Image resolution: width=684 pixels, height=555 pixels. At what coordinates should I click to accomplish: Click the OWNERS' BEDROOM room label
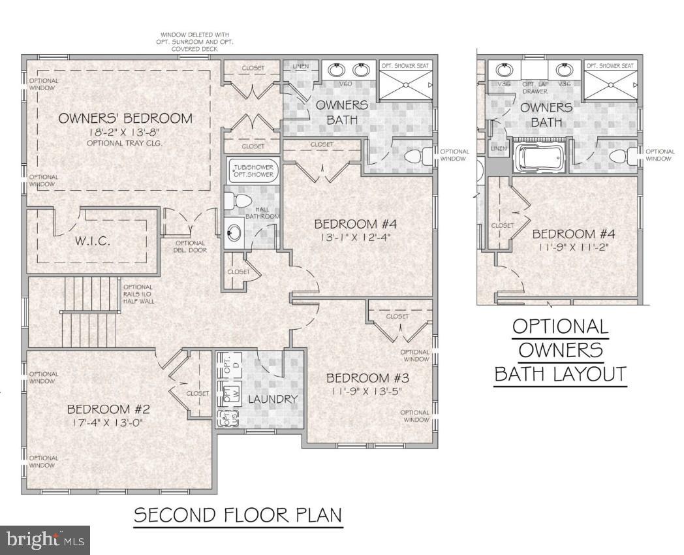click(x=125, y=118)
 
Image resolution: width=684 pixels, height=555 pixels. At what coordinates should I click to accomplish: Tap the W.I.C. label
click(x=91, y=240)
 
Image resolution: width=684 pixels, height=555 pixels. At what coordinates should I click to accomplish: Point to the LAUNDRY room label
click(x=273, y=399)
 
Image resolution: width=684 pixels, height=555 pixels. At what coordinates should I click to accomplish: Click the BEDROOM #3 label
click(x=367, y=378)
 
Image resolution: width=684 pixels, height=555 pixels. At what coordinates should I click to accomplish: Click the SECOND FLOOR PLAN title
click(x=238, y=515)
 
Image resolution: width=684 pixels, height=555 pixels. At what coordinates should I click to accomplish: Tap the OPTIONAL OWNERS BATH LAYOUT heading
click(x=560, y=350)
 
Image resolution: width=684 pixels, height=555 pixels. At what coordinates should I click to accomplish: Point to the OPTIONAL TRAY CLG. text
click(x=125, y=142)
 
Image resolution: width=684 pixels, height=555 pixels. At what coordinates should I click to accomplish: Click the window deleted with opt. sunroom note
click(x=196, y=42)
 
